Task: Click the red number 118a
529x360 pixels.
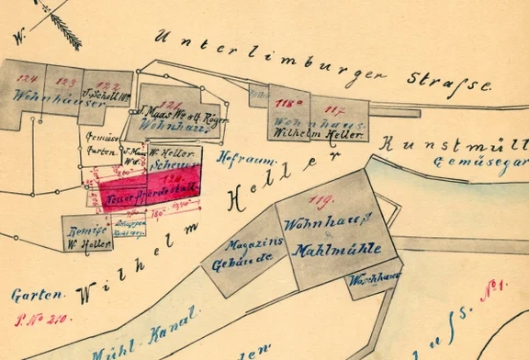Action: coord(293,104)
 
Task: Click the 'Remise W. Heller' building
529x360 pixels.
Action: coord(85,232)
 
